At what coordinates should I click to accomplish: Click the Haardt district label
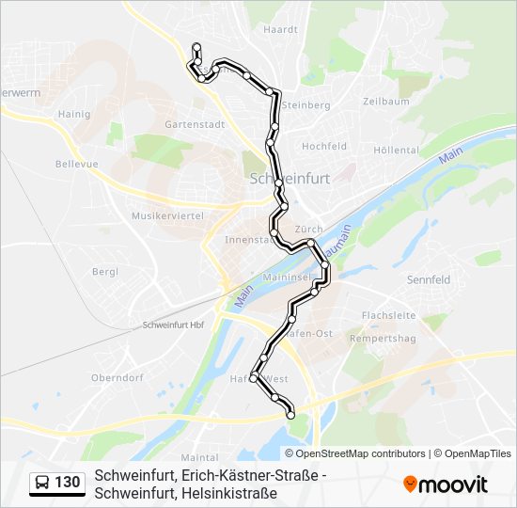[280, 29]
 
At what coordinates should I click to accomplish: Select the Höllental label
[396, 150]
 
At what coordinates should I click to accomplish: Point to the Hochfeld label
[324, 147]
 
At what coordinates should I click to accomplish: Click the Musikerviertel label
[167, 215]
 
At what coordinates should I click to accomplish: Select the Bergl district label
[105, 272]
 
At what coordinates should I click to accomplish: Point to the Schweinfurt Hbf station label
[173, 325]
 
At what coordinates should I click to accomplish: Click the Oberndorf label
[117, 377]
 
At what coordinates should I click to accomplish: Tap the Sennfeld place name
[429, 279]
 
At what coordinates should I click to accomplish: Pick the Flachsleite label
[388, 315]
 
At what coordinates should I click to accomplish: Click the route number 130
[68, 483]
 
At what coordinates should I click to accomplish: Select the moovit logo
[446, 484]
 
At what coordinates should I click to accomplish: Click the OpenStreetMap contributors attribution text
[360, 452]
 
